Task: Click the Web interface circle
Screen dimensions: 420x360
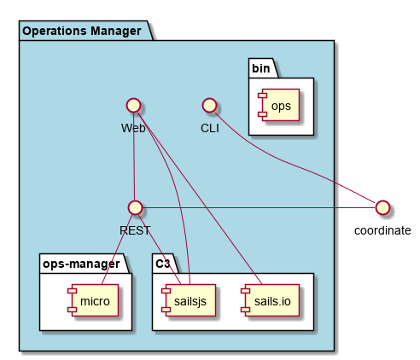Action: click(x=133, y=105)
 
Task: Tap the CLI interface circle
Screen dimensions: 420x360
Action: click(x=209, y=105)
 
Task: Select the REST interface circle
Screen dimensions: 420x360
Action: click(x=135, y=207)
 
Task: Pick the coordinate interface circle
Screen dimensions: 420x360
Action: click(x=382, y=207)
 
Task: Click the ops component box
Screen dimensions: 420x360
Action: click(x=278, y=105)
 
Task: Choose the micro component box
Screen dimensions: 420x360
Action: click(x=93, y=300)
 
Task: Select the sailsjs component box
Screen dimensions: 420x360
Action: click(x=189, y=300)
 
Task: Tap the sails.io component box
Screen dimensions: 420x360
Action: click(x=270, y=300)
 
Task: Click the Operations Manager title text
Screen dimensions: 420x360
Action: click(x=82, y=31)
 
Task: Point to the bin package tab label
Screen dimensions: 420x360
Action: click(x=261, y=68)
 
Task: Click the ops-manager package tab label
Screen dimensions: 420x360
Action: click(x=81, y=264)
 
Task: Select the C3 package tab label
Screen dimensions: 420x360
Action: click(x=163, y=264)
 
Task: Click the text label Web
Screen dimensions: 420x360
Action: click(x=133, y=128)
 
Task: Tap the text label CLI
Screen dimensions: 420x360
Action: click(x=210, y=128)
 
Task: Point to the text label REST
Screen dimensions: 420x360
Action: click(x=135, y=230)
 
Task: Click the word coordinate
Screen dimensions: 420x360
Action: click(x=382, y=230)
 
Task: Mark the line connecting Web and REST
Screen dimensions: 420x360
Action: click(x=134, y=156)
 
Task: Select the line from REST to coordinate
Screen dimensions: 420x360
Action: click(x=259, y=208)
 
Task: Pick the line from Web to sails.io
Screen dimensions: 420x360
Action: click(x=199, y=198)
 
